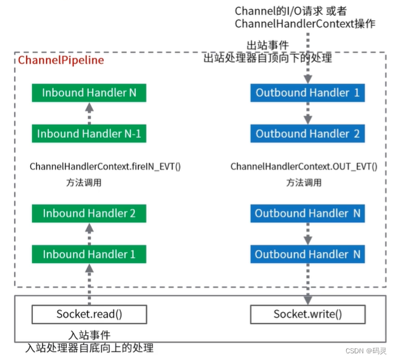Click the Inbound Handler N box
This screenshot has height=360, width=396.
[x=89, y=93]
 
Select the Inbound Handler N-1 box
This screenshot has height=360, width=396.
[x=89, y=134]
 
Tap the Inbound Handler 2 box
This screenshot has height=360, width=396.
[x=89, y=213]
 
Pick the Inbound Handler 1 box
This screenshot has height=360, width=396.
[x=89, y=254]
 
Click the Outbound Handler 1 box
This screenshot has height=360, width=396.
[x=308, y=93]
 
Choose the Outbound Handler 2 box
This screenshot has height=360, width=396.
[x=308, y=134]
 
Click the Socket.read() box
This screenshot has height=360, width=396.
[x=89, y=314]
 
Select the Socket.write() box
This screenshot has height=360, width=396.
[x=308, y=314]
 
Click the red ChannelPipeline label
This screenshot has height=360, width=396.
[x=61, y=60]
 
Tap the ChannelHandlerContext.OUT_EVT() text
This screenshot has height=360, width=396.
[x=304, y=166]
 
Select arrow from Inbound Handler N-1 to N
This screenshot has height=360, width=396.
[x=89, y=113]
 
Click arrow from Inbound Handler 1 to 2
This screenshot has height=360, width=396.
[x=89, y=234]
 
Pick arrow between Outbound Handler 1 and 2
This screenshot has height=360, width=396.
[x=308, y=113]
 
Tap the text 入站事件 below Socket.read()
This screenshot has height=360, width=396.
[x=89, y=335]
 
